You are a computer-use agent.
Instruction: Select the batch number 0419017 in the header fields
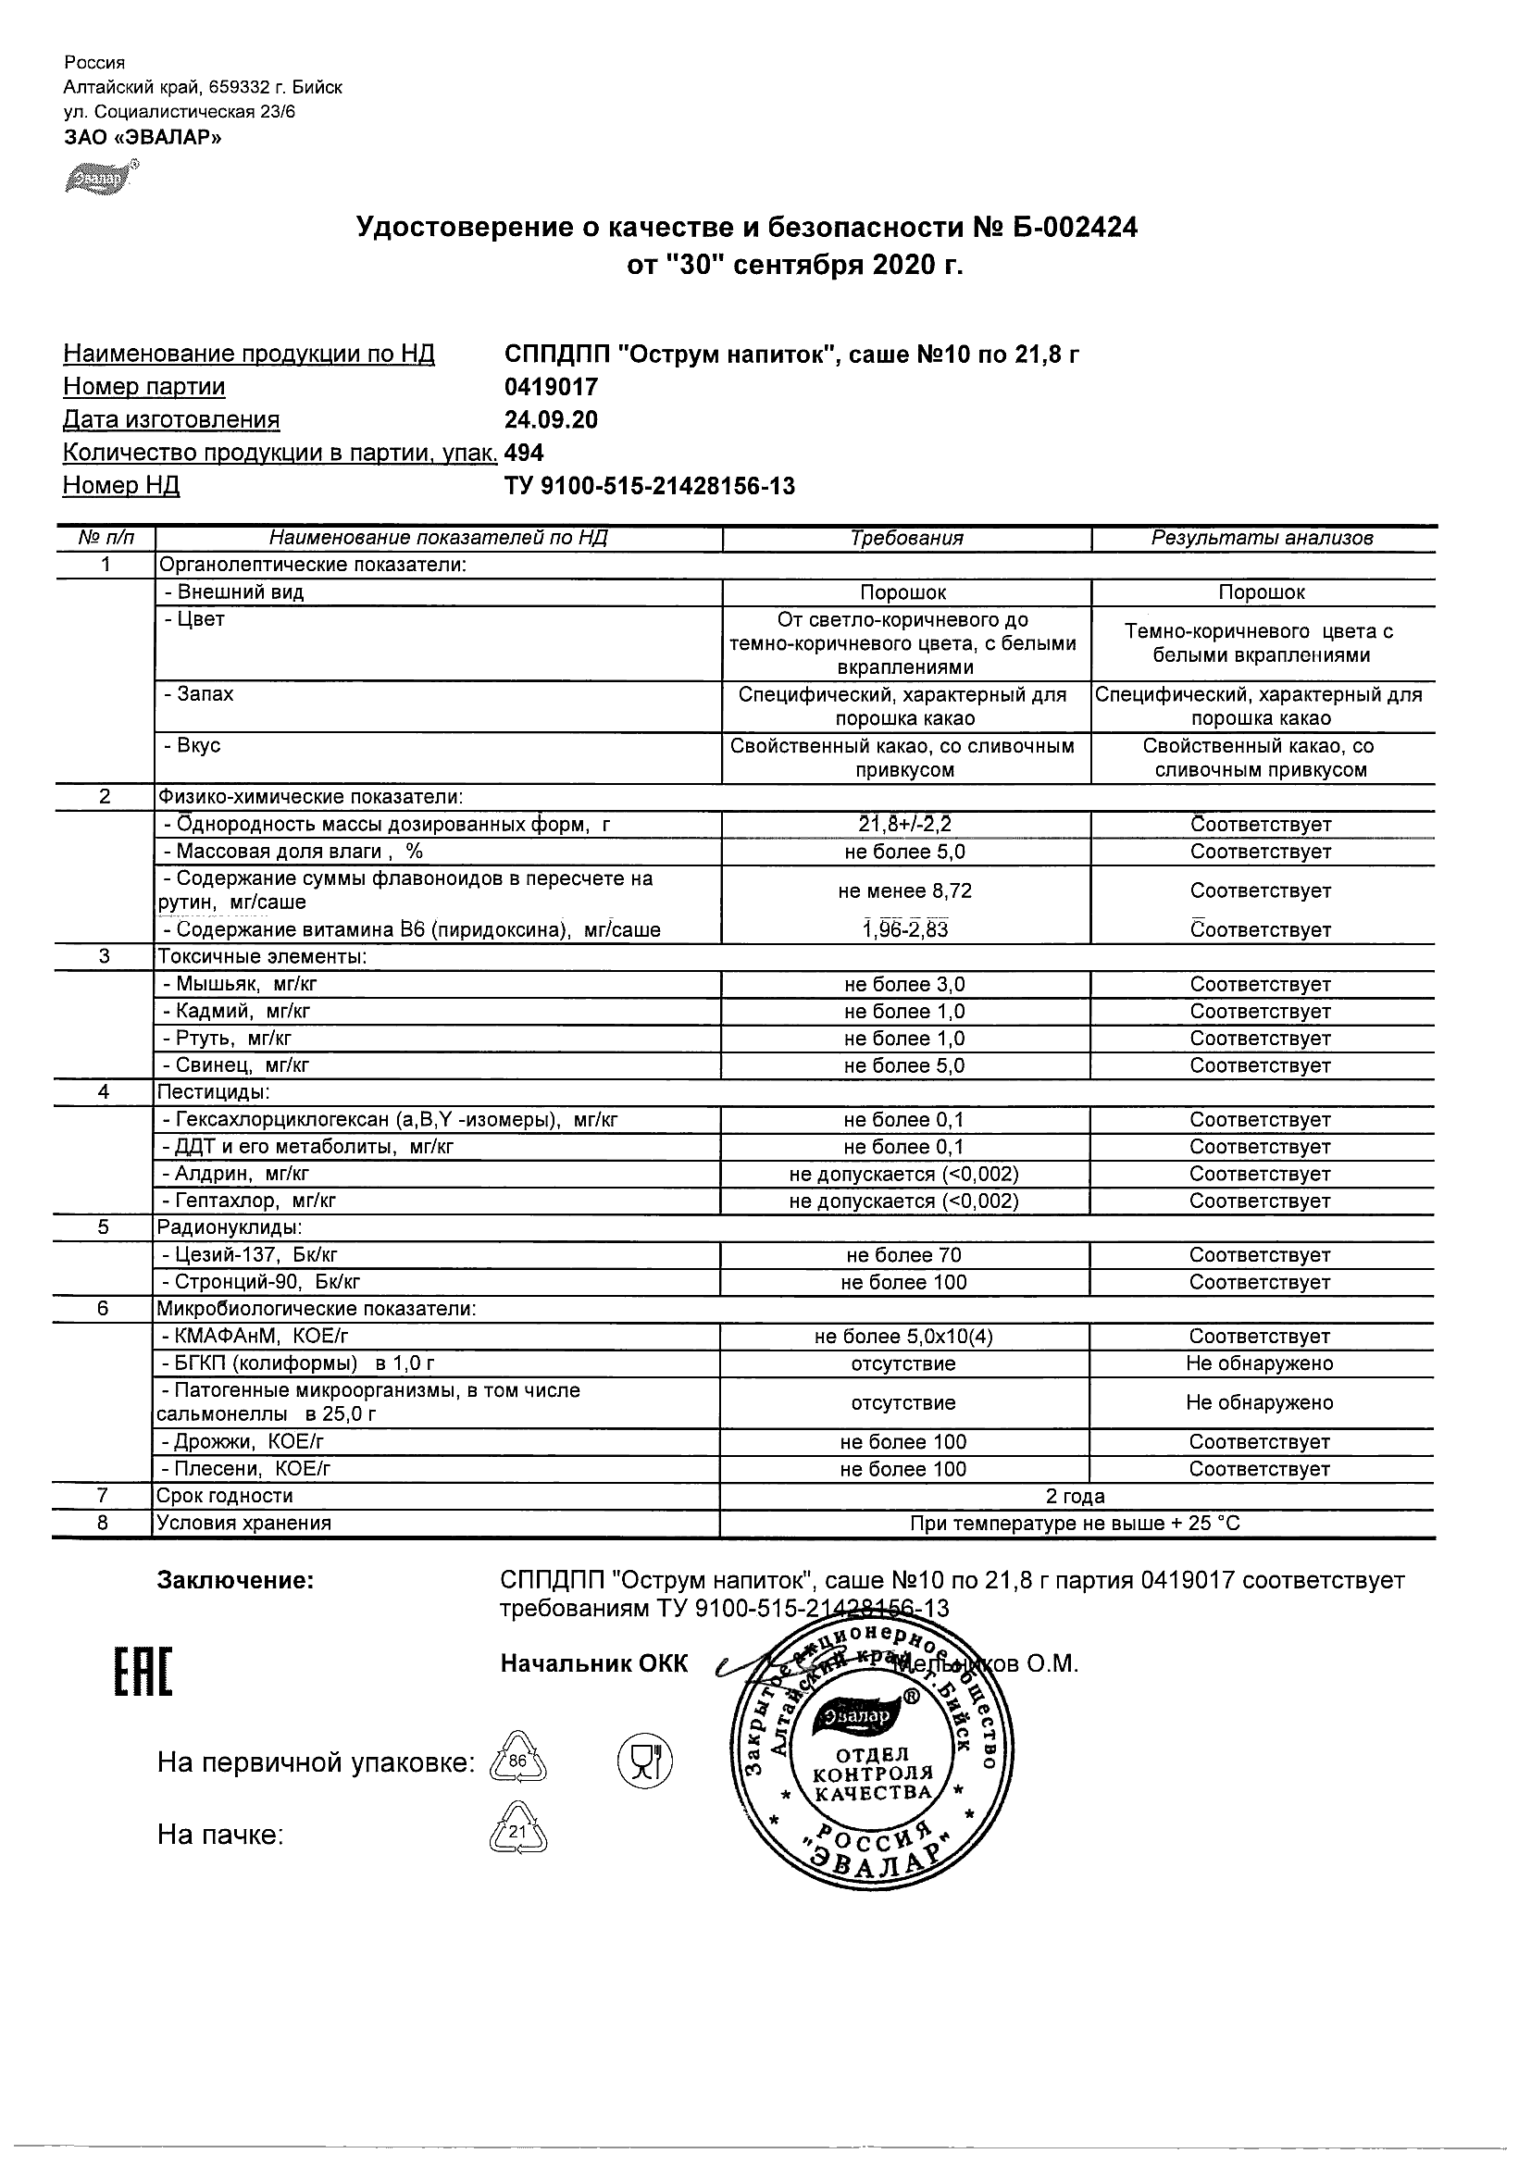[x=551, y=387]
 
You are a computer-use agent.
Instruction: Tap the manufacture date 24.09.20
[x=551, y=420]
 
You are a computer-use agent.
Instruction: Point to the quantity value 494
[x=525, y=453]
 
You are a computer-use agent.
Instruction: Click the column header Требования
[x=906, y=539]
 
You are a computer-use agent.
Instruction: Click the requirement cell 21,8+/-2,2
[x=904, y=825]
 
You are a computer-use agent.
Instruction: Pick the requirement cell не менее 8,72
[x=904, y=890]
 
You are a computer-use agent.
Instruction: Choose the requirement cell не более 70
[x=904, y=1256]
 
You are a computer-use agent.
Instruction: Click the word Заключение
[x=235, y=1581]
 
